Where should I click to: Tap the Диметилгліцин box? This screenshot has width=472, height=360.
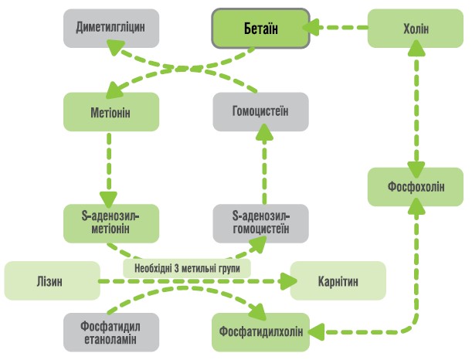point(111,29)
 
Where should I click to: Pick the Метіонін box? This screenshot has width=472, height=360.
point(111,111)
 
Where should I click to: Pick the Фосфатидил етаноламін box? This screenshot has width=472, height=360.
point(111,331)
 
